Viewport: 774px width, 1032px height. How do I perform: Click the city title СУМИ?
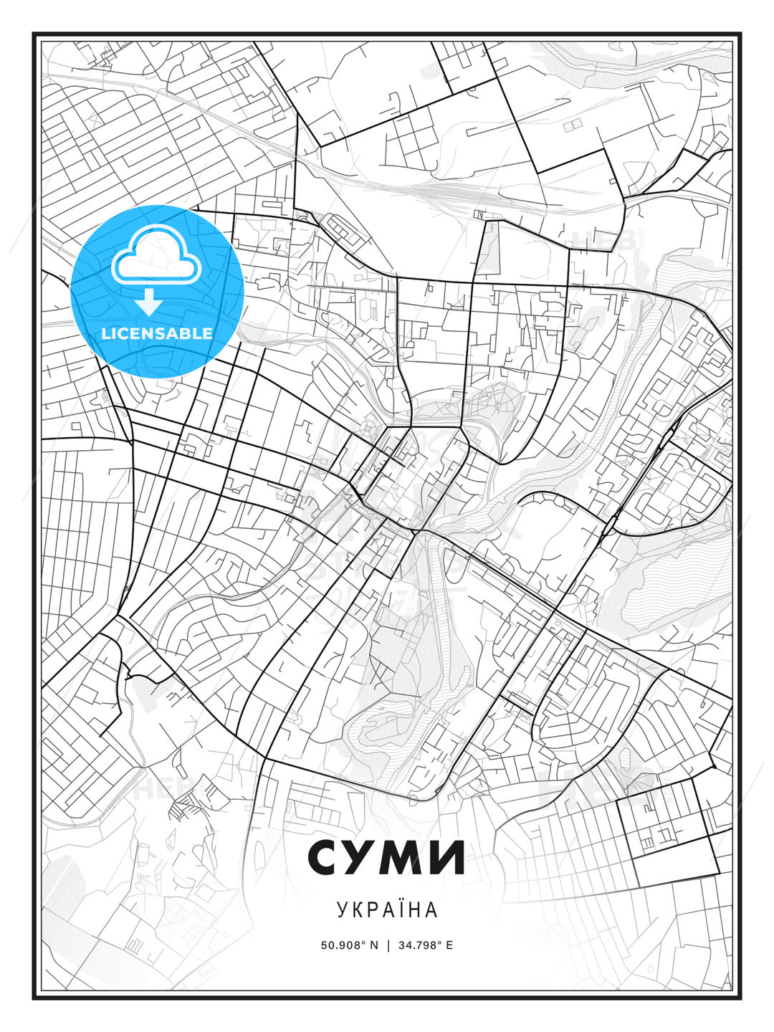pos(387,857)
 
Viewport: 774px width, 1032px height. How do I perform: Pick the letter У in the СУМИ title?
pos(366,857)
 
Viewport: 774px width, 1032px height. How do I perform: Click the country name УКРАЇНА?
pos(387,910)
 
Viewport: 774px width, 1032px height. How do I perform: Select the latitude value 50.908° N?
pos(349,945)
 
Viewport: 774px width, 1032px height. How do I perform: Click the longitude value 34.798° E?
pos(424,945)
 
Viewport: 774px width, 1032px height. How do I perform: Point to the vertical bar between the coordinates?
pos(388,945)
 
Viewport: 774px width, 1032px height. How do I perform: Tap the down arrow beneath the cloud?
pos(149,303)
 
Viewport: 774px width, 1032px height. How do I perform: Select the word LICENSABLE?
pos(157,333)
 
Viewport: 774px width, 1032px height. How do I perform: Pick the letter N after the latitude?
pos(373,945)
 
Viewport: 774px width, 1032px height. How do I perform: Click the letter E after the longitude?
pos(449,945)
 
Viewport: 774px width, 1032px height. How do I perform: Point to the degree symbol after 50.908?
pos(363,942)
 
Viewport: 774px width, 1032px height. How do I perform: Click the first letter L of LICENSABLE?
pos(106,333)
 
